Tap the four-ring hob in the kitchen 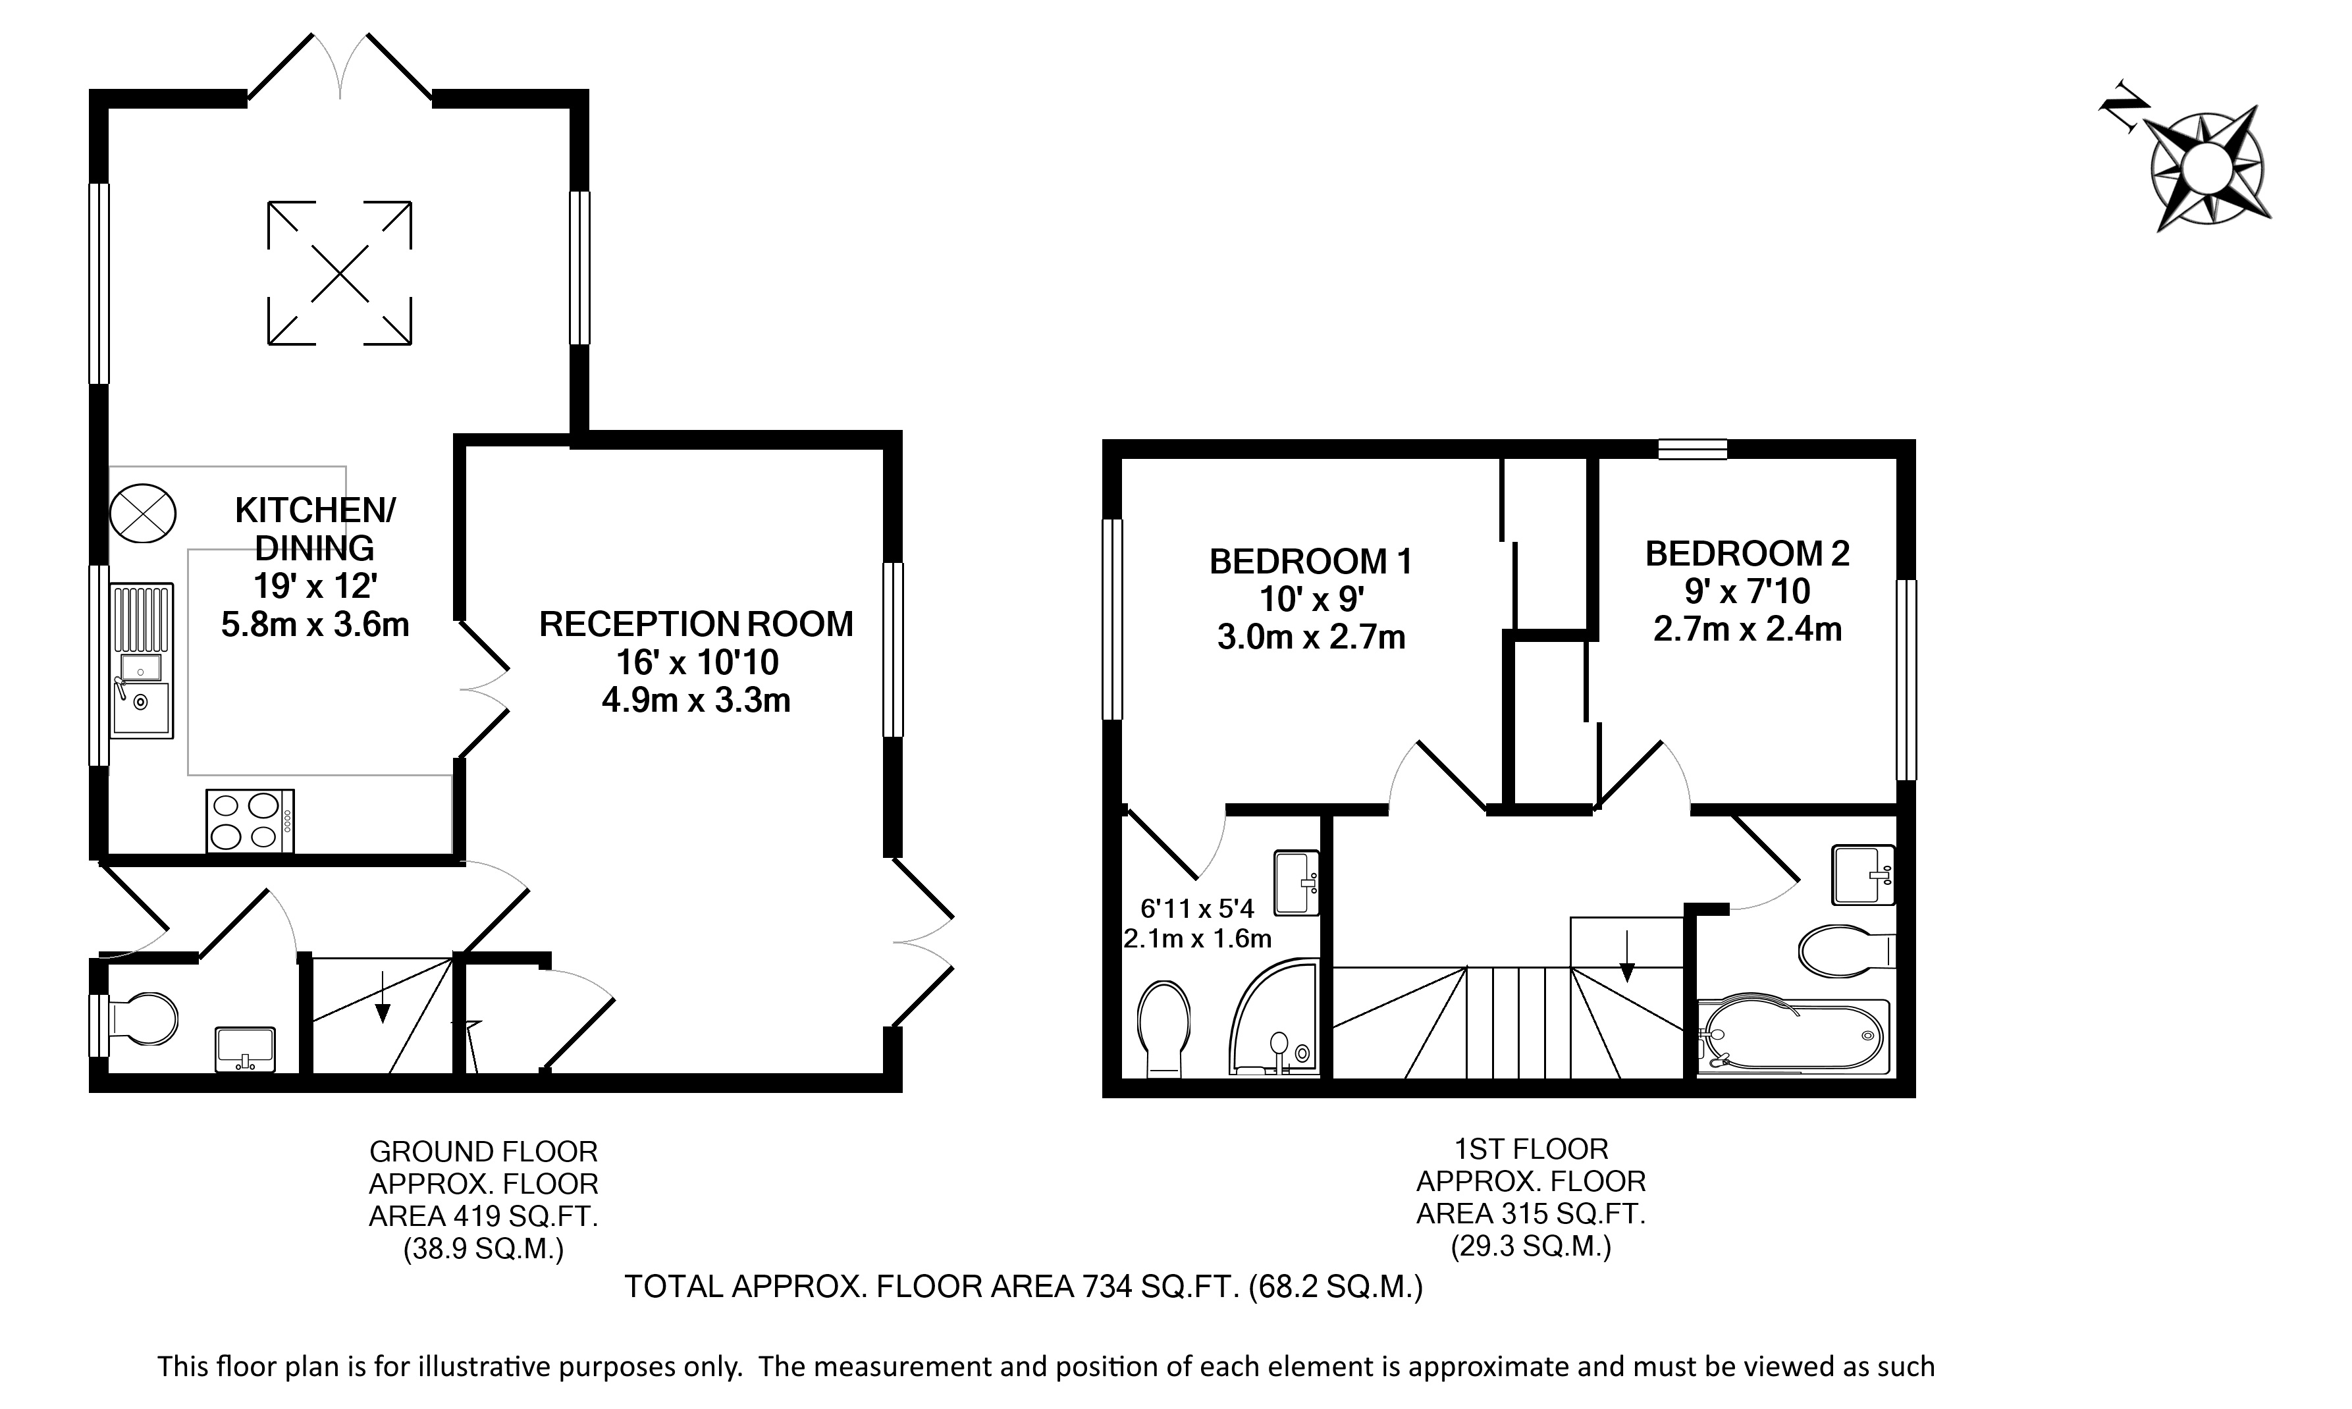pos(250,821)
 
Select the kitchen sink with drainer pos(142,661)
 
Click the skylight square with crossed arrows pos(339,273)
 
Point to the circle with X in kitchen pos(142,514)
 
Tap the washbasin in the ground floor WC pos(246,1049)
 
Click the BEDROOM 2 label pos(1747,554)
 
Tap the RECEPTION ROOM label pos(696,624)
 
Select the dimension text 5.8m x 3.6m pos(315,624)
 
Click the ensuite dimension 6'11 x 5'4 pos(1197,909)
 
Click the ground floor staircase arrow pos(382,997)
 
